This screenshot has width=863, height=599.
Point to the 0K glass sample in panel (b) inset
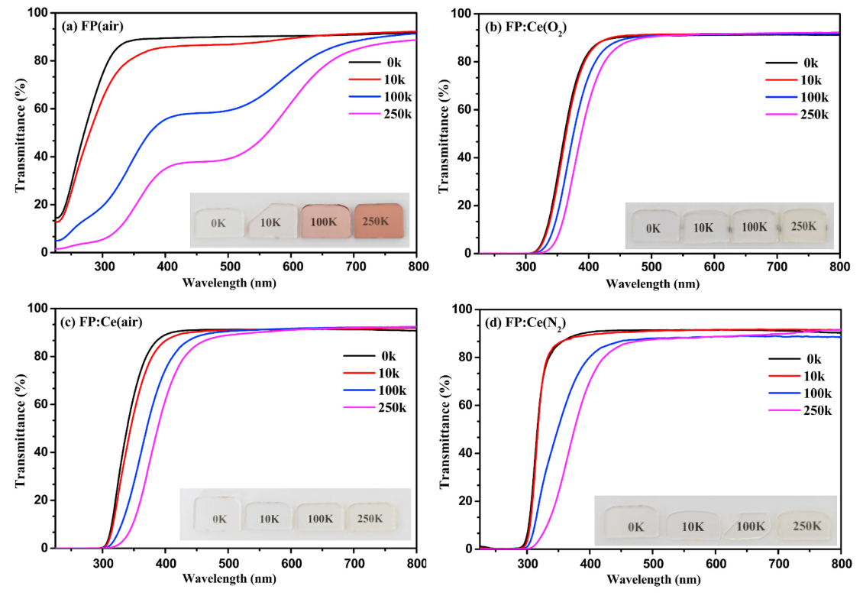[x=652, y=227]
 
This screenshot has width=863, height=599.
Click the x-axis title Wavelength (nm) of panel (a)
[x=228, y=283]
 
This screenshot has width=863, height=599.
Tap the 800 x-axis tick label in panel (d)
[x=839, y=562]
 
